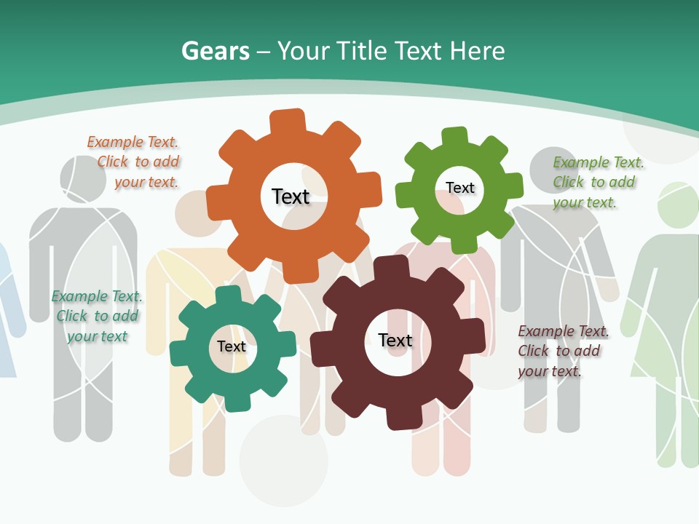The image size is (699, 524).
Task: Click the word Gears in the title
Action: [215, 51]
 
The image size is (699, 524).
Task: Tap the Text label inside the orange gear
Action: [291, 196]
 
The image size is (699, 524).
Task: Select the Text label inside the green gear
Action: [460, 188]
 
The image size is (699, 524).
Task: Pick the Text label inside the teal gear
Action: [232, 346]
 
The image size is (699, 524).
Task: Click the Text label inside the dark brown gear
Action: [395, 340]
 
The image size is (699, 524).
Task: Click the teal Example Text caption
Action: [97, 317]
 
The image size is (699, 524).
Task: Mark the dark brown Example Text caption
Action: [563, 351]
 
